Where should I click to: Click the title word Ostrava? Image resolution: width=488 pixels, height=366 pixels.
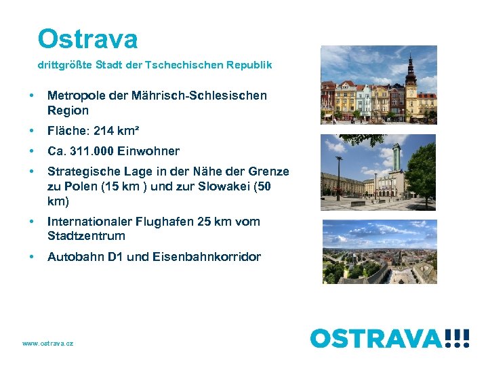[88, 39]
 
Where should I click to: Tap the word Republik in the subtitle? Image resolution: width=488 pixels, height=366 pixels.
[250, 65]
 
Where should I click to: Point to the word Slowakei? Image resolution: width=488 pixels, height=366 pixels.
[231, 186]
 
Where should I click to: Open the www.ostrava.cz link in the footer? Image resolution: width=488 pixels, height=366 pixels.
[47, 344]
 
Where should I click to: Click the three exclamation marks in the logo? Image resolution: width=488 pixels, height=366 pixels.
[457, 338]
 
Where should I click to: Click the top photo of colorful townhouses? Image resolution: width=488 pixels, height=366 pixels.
[378, 83]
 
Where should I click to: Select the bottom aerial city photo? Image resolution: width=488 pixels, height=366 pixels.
[378, 251]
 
